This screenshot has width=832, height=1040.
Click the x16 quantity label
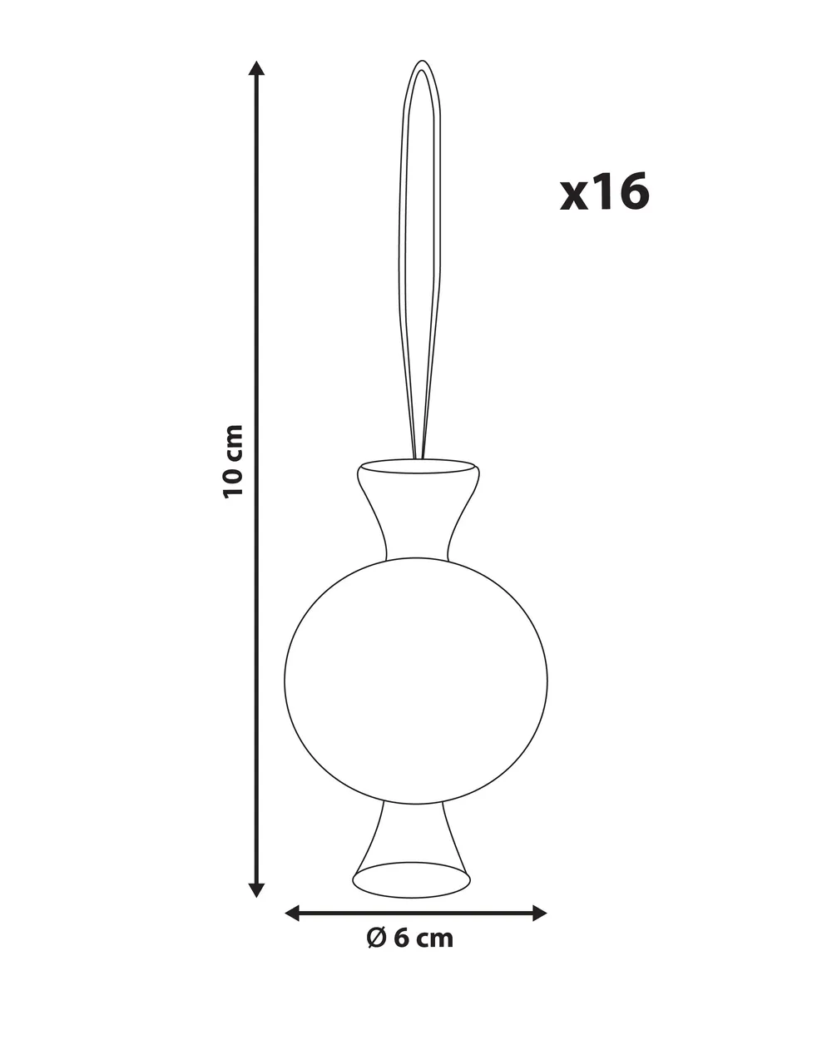click(604, 192)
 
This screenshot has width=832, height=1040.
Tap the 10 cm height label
click(232, 462)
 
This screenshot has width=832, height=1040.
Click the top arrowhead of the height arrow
click(256, 68)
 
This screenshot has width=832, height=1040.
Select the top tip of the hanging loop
click(422, 61)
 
